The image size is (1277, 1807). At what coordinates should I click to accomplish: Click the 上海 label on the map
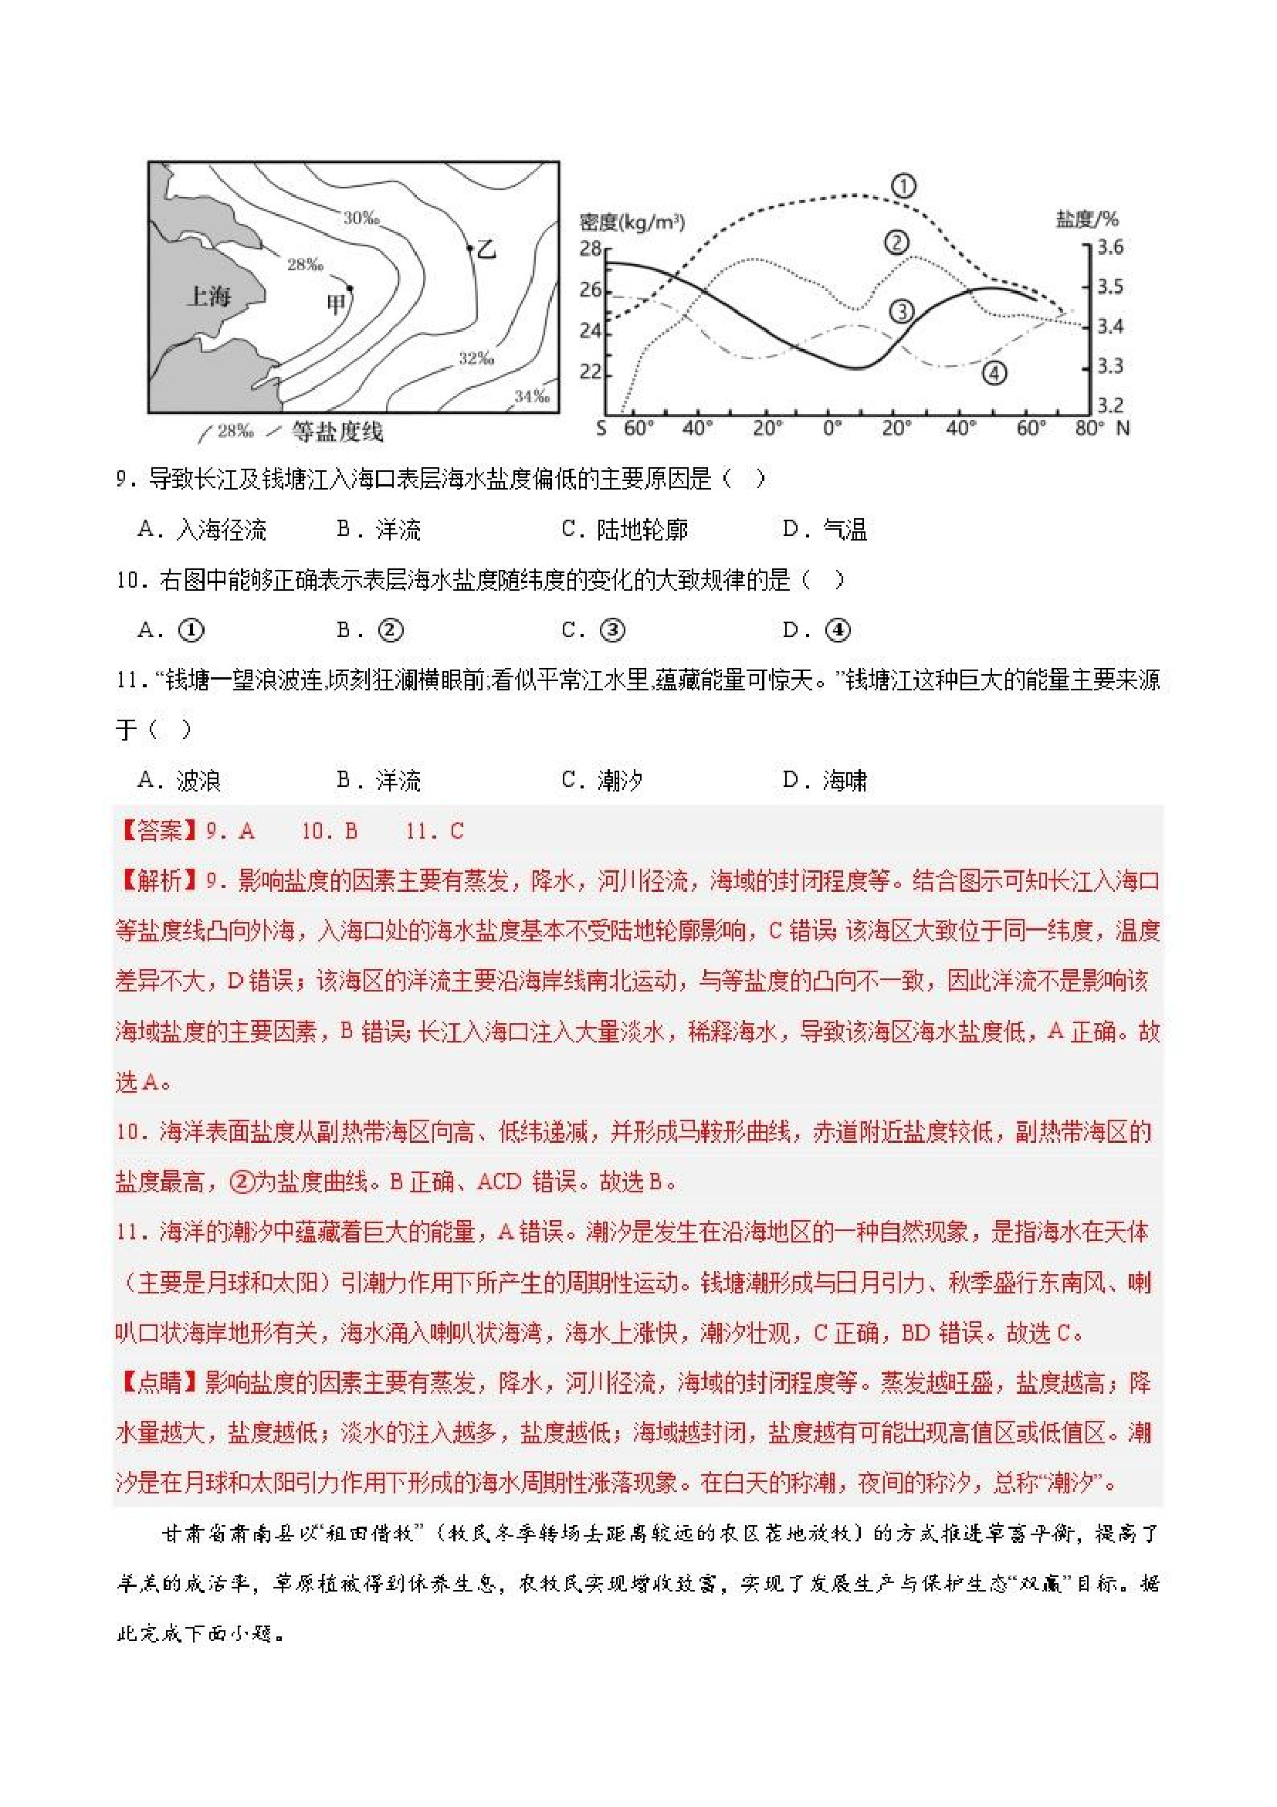(x=208, y=297)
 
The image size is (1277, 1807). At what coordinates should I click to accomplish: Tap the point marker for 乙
(x=469, y=247)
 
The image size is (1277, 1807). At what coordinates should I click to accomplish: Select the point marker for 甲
(x=349, y=289)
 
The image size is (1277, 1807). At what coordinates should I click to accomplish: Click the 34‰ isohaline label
(x=532, y=396)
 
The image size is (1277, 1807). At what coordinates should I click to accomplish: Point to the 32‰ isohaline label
(x=476, y=359)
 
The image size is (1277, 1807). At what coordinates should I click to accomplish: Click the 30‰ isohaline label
(x=361, y=217)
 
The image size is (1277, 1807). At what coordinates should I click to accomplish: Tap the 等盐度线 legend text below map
(x=337, y=432)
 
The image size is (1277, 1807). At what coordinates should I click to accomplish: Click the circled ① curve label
(x=903, y=187)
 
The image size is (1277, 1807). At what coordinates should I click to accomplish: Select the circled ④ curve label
(x=994, y=373)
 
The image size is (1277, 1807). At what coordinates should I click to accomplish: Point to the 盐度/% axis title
(x=1086, y=219)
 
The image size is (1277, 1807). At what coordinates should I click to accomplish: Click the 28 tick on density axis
(x=590, y=249)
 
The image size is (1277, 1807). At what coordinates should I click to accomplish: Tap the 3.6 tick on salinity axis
(x=1109, y=247)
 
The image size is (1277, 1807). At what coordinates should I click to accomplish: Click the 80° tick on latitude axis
(x=1089, y=428)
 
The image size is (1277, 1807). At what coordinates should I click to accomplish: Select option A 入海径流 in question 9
(x=202, y=529)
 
